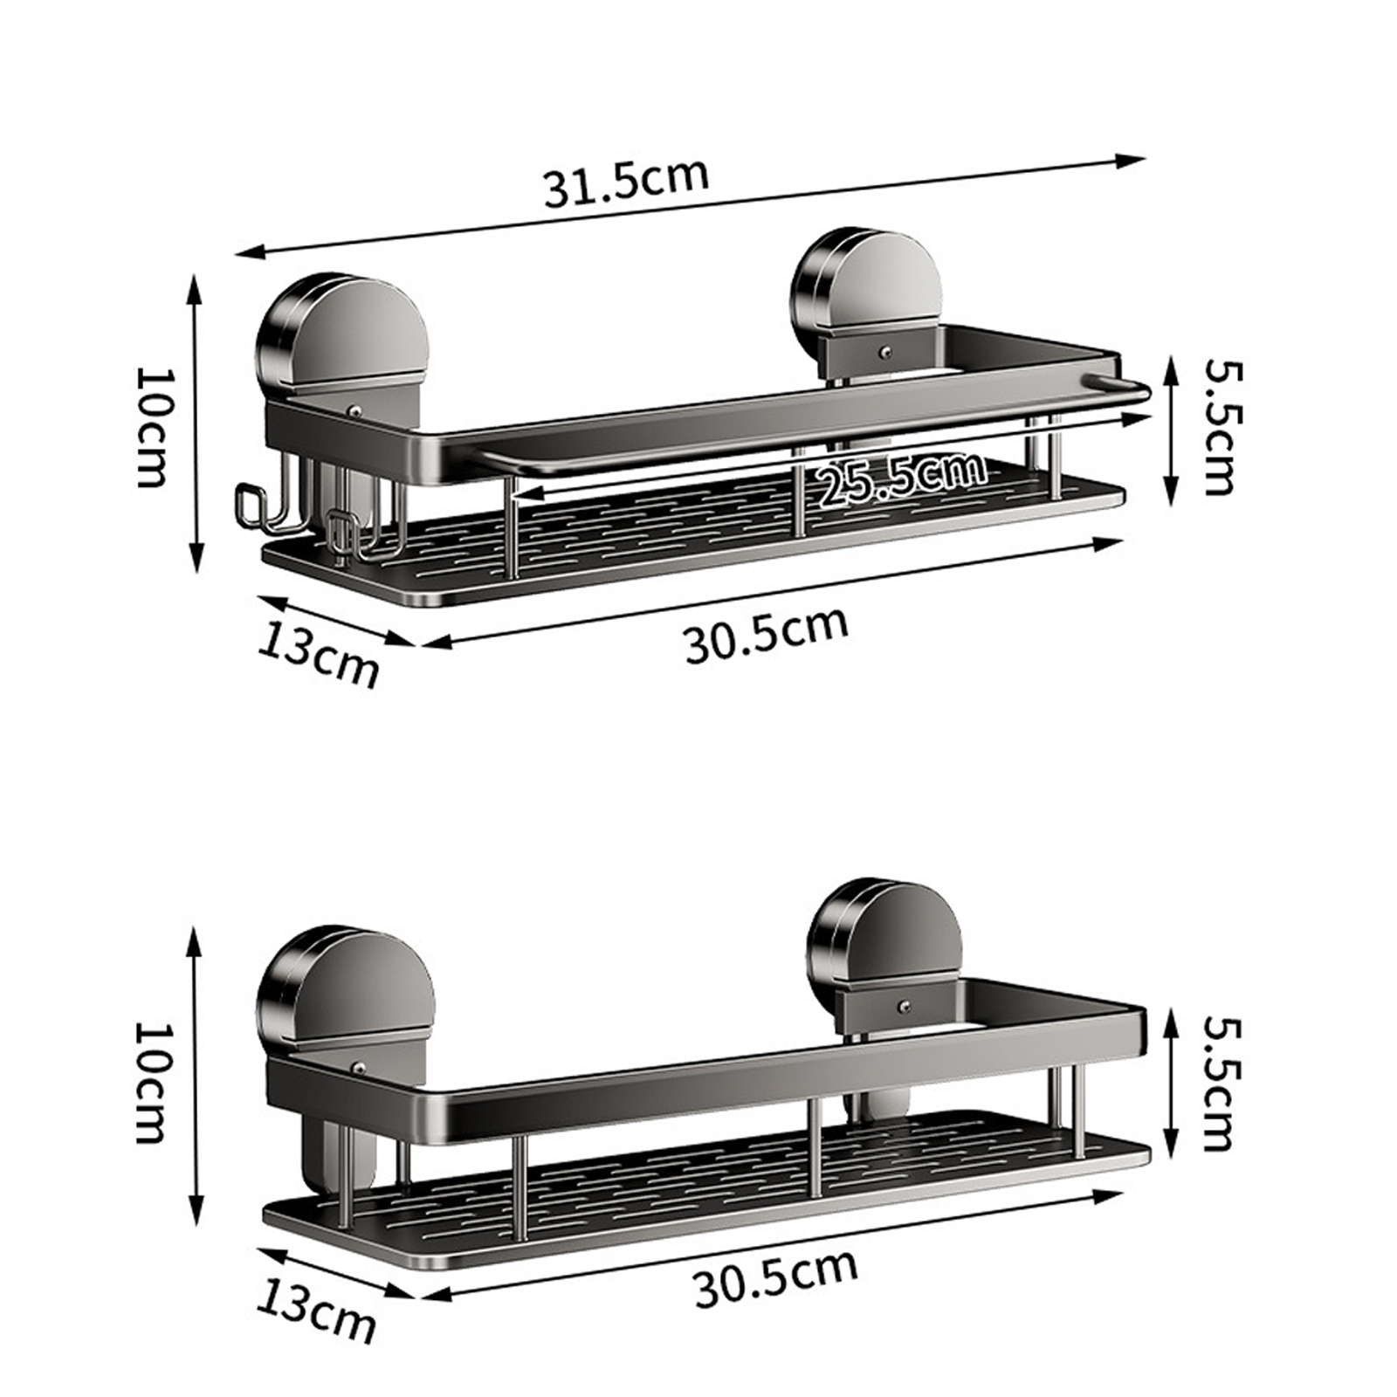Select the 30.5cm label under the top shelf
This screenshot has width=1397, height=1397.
coord(766,635)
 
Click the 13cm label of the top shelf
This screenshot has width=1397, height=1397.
coord(319,653)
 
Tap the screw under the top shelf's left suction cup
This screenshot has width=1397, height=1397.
coord(355,409)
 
